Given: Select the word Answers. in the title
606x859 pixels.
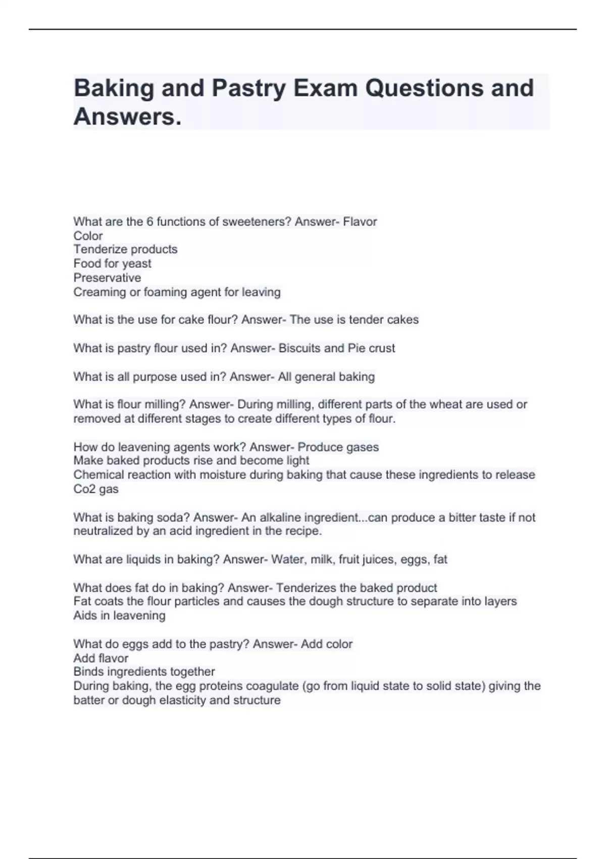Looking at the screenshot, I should click(x=127, y=117).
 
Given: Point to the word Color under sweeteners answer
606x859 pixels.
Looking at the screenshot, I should click(x=88, y=236).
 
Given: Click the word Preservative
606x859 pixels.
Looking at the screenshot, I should click(x=107, y=278).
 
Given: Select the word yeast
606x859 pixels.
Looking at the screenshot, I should click(x=137, y=264).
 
